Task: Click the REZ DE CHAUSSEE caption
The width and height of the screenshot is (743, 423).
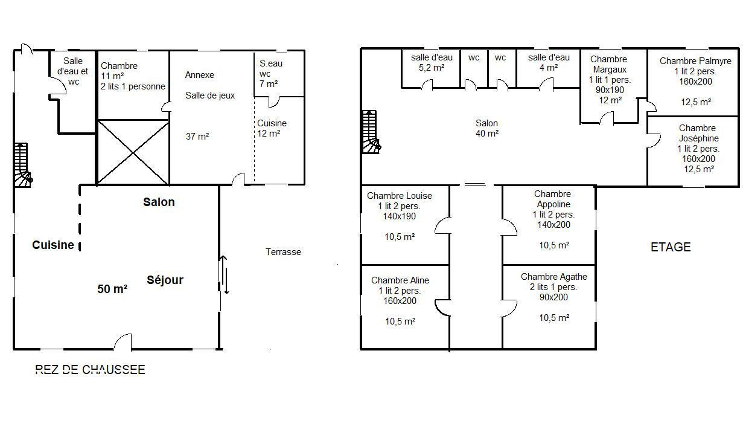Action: pos(90,370)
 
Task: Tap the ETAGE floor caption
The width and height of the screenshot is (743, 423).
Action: pos(671,247)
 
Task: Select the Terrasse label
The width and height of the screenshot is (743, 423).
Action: pos(283,251)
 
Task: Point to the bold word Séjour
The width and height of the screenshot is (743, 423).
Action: pos(165,280)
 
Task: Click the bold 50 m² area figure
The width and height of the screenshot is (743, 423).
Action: pos(112,288)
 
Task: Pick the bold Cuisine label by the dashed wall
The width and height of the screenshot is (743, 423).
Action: pos(53,245)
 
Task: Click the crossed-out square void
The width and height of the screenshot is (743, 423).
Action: pos(133,152)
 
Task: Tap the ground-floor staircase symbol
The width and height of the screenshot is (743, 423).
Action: pos(23,165)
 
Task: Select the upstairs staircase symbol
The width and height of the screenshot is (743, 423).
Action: pos(371,132)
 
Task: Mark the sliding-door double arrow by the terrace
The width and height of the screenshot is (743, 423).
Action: pos(224,274)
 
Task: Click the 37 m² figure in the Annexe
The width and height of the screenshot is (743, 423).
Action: pos(197,136)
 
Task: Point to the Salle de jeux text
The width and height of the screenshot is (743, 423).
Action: pos(210,95)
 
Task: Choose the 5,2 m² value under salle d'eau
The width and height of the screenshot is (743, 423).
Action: pos(432,68)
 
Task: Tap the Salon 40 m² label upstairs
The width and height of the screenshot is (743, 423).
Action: pos(487,128)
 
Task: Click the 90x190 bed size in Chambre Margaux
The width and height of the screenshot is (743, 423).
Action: pos(610,89)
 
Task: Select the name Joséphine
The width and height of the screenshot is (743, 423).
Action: pos(698,138)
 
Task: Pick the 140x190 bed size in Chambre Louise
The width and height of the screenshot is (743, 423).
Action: pos(399,216)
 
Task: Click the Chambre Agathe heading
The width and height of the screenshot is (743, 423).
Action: pos(553,277)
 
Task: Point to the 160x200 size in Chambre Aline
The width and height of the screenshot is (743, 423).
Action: pos(400,301)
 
